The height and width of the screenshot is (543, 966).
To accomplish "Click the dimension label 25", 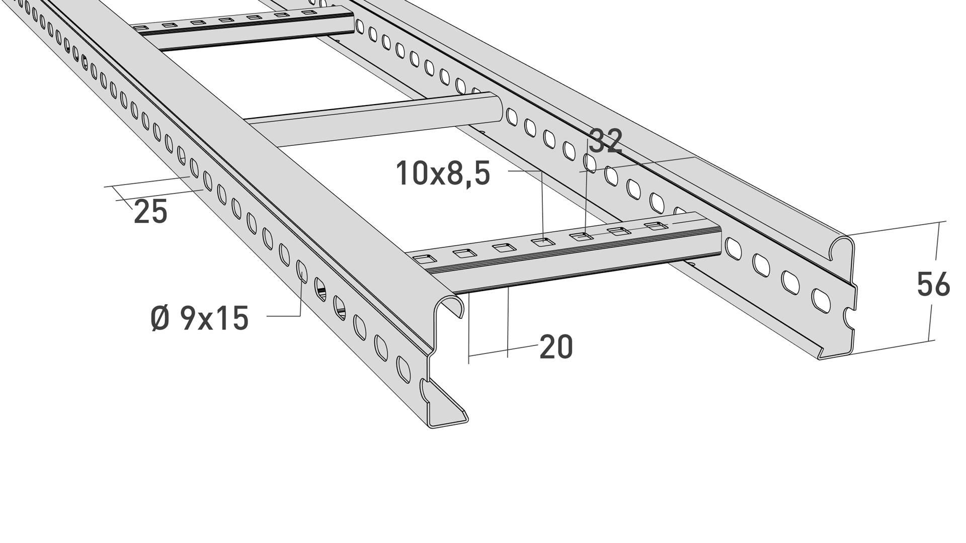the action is [150, 212].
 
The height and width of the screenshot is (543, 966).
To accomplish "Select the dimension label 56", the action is [933, 284].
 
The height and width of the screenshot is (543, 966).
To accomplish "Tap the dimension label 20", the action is [556, 347].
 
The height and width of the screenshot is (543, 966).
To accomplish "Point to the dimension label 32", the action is [606, 141].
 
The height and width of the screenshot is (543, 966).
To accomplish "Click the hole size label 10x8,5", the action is [443, 173].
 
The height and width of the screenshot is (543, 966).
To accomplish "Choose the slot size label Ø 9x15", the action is [200, 318].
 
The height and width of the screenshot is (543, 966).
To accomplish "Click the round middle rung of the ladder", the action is [374, 119].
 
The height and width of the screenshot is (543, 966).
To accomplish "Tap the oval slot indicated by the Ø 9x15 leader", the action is [302, 271].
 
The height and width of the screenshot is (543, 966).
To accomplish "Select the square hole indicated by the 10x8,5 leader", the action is [543, 242].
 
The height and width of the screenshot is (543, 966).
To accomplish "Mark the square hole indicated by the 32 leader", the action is [581, 236].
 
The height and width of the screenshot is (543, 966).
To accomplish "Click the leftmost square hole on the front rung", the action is [425, 259].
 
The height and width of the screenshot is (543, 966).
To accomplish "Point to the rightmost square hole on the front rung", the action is [656, 225].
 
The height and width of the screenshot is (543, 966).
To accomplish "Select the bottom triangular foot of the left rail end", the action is [447, 410].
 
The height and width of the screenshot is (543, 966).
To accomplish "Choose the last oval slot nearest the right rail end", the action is [821, 301].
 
